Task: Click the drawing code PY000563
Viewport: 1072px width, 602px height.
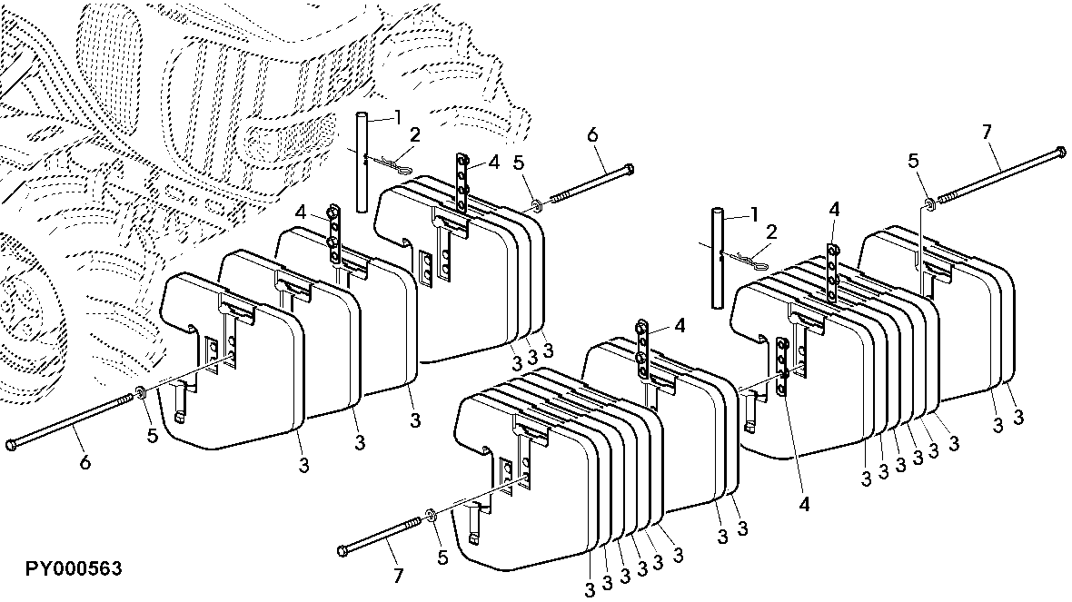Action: tap(74, 568)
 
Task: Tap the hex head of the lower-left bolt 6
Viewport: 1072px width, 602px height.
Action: tap(12, 445)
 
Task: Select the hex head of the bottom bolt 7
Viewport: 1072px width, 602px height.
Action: tap(343, 550)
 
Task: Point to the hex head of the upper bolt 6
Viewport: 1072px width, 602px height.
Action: tap(629, 168)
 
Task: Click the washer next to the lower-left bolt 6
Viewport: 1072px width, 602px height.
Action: tap(140, 392)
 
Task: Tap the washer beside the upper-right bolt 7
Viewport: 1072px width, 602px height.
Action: tap(928, 202)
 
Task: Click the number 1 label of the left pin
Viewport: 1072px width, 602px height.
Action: tap(398, 117)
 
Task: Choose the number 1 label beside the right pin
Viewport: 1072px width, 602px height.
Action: tap(754, 215)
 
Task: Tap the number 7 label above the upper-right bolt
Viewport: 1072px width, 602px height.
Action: tap(987, 132)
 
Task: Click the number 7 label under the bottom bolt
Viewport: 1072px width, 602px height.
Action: tap(399, 576)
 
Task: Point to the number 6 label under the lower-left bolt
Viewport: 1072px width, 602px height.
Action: tap(84, 462)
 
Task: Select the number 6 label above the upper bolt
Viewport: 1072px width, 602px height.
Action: tap(592, 134)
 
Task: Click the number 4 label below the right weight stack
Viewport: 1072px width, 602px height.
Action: tap(804, 504)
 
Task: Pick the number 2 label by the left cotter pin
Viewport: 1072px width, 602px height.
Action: tap(415, 134)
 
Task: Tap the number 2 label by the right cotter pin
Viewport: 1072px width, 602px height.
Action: tap(772, 232)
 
